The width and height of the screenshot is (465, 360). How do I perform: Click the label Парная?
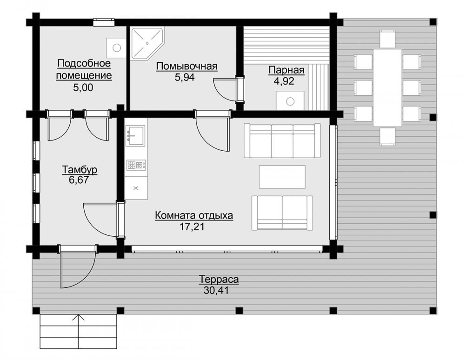(286, 70)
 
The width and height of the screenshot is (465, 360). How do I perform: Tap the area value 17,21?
(192, 227)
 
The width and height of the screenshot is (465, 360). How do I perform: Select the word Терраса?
(219, 280)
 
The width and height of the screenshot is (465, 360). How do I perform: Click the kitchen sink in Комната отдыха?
(135, 135)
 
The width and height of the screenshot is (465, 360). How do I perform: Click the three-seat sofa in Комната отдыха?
(282, 140)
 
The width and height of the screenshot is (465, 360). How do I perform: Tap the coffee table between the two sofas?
(282, 177)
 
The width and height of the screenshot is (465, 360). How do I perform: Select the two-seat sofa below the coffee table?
(282, 213)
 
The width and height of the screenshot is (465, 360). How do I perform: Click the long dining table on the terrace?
(387, 87)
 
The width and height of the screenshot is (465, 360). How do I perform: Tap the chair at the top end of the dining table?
(387, 39)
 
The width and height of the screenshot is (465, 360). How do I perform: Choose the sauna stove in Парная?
(290, 100)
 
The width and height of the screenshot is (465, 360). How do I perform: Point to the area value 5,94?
(185, 77)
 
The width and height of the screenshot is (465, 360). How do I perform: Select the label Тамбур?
(80, 170)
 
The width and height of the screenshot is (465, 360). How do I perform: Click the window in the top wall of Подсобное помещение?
(104, 22)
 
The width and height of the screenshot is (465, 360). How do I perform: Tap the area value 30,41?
(216, 290)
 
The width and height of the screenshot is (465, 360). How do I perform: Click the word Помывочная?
(187, 66)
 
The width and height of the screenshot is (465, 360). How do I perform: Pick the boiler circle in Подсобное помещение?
(117, 47)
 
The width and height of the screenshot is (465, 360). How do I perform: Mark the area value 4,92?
(284, 81)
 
